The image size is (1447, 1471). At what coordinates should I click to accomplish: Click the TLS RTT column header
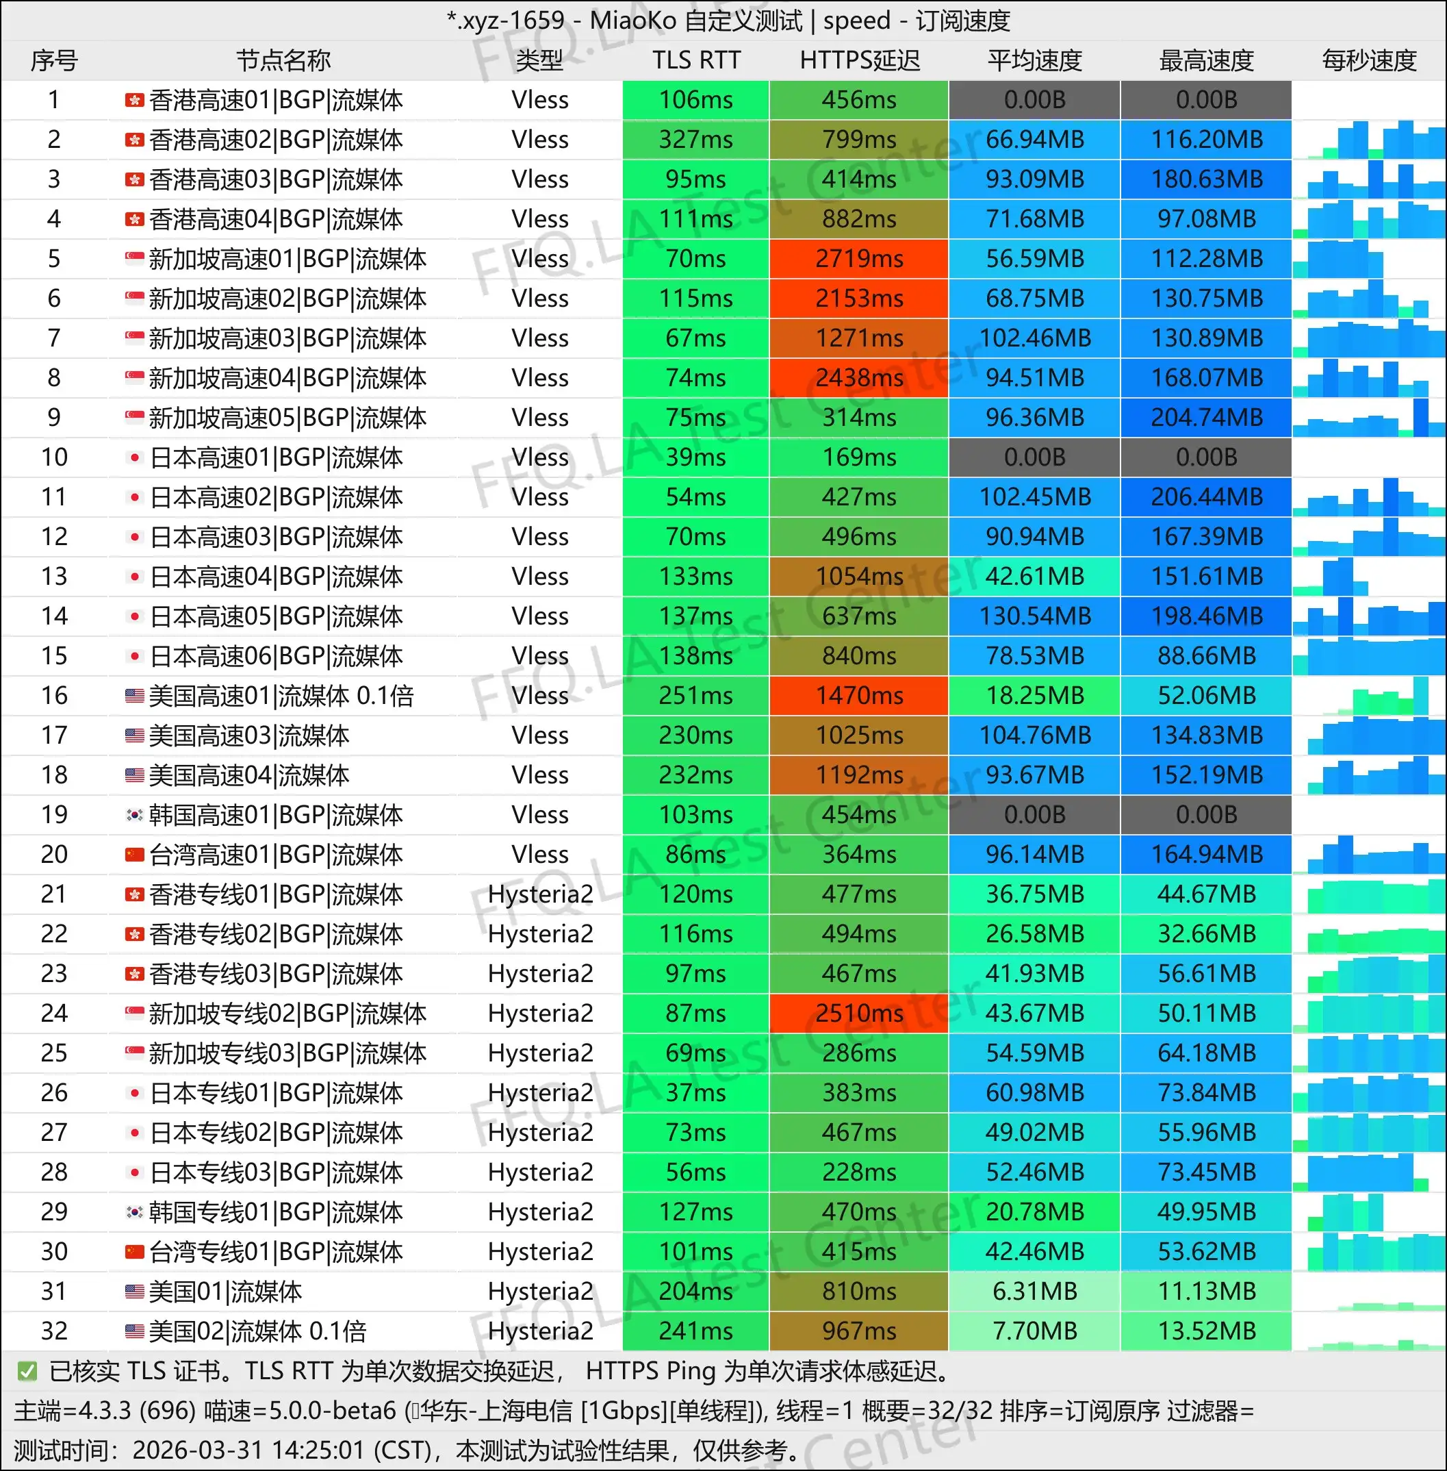point(695,60)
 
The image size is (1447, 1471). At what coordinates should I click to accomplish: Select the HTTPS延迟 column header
point(859,60)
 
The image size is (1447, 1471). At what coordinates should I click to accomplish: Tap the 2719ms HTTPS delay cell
point(859,258)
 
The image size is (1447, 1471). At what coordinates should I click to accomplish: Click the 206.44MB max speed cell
point(1206,497)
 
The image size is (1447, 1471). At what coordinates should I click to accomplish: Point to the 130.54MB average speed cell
point(1034,616)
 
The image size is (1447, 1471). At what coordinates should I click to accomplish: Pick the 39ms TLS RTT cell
point(695,457)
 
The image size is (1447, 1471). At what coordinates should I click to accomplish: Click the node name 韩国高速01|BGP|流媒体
point(276,815)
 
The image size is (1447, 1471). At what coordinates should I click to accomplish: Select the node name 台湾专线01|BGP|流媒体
point(276,1251)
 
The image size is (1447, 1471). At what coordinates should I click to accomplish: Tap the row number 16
point(54,696)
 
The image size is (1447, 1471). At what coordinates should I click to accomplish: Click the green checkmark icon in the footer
point(27,1372)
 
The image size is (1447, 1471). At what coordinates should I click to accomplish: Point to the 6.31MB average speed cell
point(1034,1291)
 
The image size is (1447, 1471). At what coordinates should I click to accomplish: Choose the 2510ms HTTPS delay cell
point(859,1014)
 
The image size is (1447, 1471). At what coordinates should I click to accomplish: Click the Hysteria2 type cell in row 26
point(540,1092)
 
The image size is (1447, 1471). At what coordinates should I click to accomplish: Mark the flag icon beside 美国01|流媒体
point(135,1291)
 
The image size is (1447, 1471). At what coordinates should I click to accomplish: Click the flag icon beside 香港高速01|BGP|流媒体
point(135,99)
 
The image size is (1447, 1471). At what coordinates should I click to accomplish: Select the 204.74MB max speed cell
point(1206,417)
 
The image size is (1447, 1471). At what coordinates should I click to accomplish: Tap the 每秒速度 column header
point(1369,60)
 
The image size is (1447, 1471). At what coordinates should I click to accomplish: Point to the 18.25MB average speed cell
point(1034,696)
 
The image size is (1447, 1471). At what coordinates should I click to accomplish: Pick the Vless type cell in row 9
point(540,417)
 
